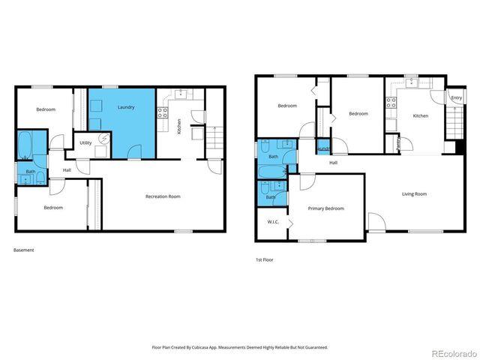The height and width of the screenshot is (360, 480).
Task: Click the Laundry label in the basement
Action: [125, 107]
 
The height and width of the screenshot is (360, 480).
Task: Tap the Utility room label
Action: [85, 142]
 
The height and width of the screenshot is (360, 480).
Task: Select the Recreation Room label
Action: [163, 196]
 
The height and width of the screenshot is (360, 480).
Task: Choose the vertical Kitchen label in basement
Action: [178, 126]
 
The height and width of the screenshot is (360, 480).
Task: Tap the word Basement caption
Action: [24, 250]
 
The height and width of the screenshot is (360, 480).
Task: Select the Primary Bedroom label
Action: [325, 208]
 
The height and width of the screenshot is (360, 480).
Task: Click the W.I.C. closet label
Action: [273, 222]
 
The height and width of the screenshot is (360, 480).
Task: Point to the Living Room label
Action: [414, 194]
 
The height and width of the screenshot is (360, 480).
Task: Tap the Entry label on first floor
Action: [456, 98]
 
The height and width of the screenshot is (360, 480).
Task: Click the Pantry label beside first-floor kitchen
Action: [397, 142]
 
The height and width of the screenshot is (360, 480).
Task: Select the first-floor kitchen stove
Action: [391, 103]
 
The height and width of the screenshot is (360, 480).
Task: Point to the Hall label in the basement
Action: [67, 170]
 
